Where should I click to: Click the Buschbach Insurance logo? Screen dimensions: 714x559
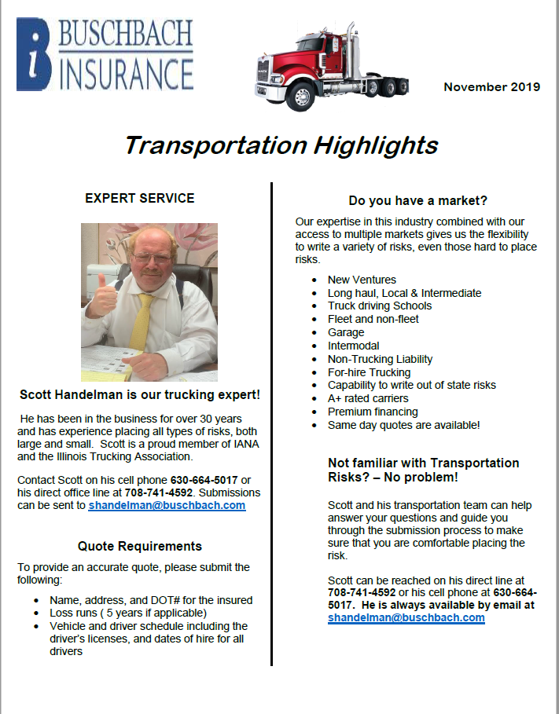(x=105, y=53)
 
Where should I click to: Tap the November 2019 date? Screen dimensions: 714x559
(x=491, y=86)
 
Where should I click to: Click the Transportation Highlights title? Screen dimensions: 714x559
(x=281, y=145)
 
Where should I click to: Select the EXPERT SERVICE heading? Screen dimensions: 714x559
(x=139, y=198)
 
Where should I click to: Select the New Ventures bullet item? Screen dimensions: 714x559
(x=362, y=280)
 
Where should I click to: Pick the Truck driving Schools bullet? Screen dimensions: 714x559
(x=380, y=306)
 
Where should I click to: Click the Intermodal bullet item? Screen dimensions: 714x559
(x=353, y=346)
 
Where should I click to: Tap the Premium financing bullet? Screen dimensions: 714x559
(x=373, y=412)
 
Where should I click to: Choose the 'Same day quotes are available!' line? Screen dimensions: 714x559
(x=403, y=425)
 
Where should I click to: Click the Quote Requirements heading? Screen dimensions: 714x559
(x=139, y=546)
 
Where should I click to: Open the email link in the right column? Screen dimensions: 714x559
(x=406, y=617)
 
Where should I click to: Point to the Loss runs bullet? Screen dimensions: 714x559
(x=127, y=613)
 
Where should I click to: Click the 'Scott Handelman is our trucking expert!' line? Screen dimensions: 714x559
(x=139, y=394)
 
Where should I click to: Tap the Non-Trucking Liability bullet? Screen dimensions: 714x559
(x=380, y=359)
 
